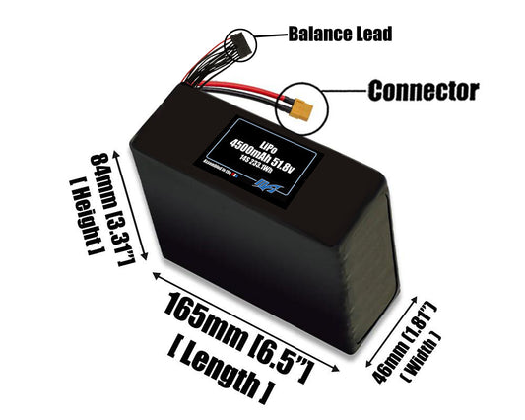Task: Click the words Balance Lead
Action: [340, 35]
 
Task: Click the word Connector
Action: [423, 91]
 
